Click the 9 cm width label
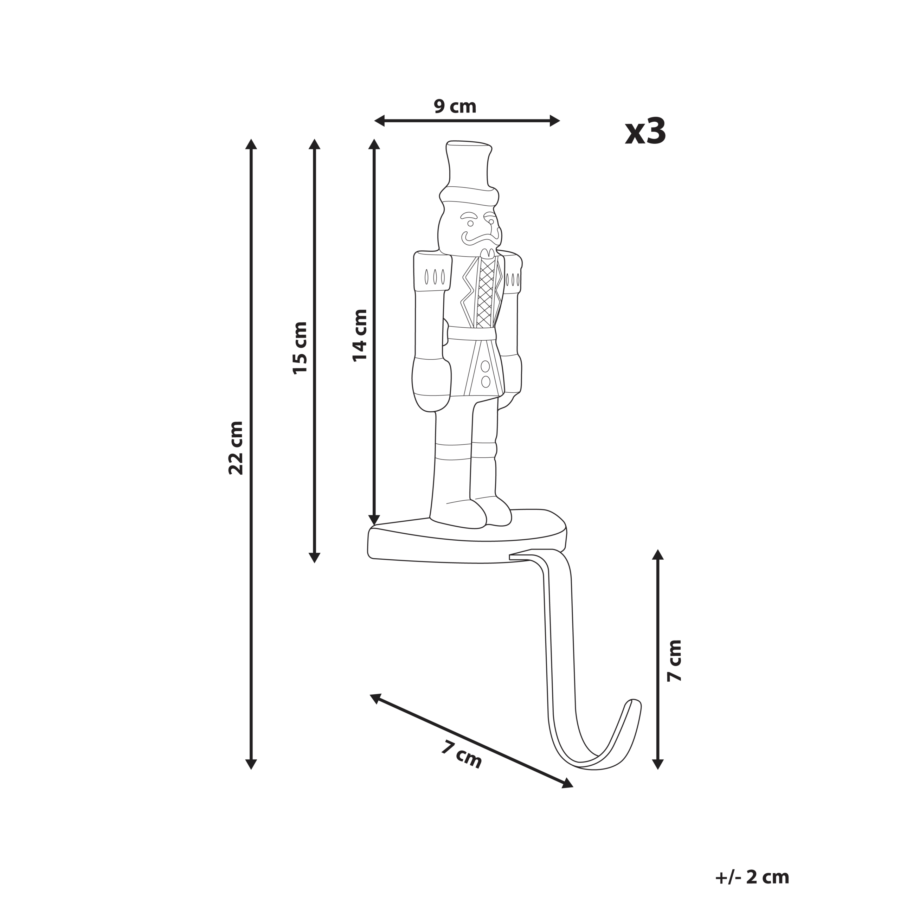point(455,107)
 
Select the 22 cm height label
point(236,448)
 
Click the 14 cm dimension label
point(360,335)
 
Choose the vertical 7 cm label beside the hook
point(674,661)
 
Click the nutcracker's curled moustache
point(482,238)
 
